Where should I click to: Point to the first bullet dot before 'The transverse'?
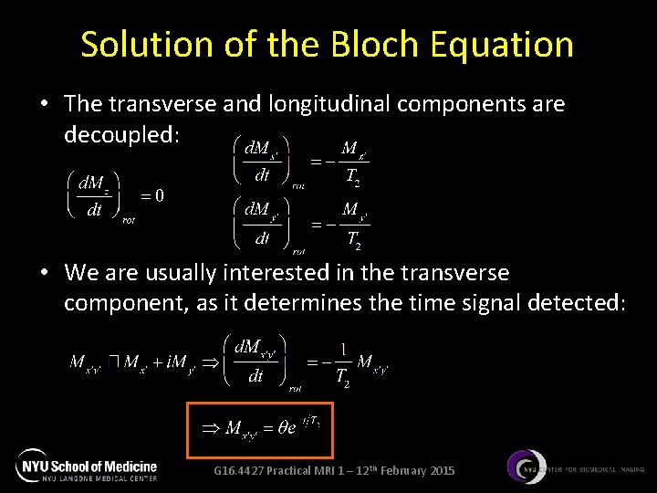(44, 105)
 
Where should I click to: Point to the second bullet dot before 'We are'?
(44, 273)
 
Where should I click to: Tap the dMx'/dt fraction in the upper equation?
(262, 161)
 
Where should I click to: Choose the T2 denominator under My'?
(353, 240)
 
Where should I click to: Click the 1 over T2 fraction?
(341, 362)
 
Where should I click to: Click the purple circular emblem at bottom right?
(527, 468)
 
